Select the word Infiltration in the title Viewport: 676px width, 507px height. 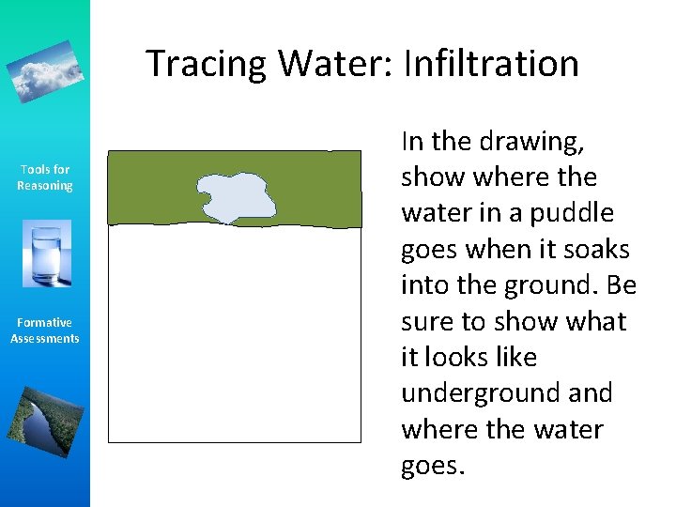[x=491, y=64]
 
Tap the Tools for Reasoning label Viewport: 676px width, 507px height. [x=45, y=177]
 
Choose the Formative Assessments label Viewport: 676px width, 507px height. [x=45, y=330]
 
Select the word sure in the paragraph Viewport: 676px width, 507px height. [x=429, y=322]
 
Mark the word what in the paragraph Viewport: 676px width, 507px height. [x=592, y=322]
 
